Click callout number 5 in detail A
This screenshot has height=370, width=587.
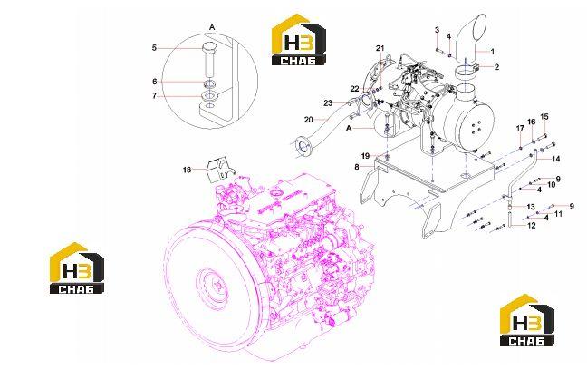154,48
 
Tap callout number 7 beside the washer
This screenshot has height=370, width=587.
155,96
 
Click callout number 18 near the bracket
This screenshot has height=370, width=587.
187,170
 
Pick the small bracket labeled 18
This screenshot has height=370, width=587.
217,170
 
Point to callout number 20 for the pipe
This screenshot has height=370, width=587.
309,120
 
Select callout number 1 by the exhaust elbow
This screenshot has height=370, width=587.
493,52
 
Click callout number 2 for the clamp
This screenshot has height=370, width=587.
496,67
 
